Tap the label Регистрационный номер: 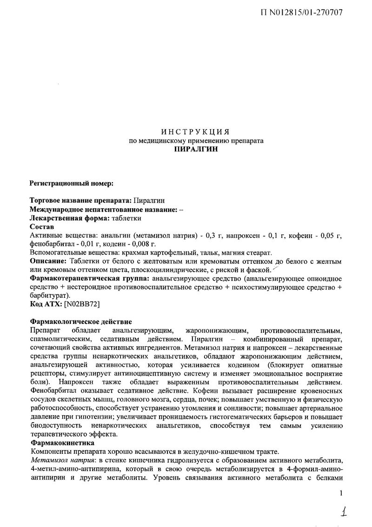(71, 184)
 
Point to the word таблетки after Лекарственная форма (126, 218)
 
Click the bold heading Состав (42, 226)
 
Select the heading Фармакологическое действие (81, 322)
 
